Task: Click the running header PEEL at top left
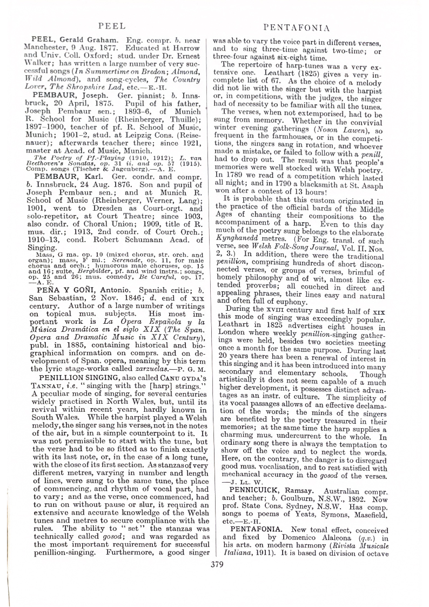112,25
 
